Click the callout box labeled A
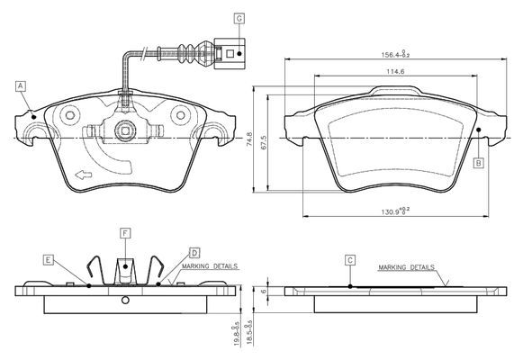(21, 86)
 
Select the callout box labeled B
(479, 163)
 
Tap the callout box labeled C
(350, 260)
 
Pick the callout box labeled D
(194, 253)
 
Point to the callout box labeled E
(49, 260)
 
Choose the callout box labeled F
(125, 233)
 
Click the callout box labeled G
(239, 18)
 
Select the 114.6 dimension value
(395, 71)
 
